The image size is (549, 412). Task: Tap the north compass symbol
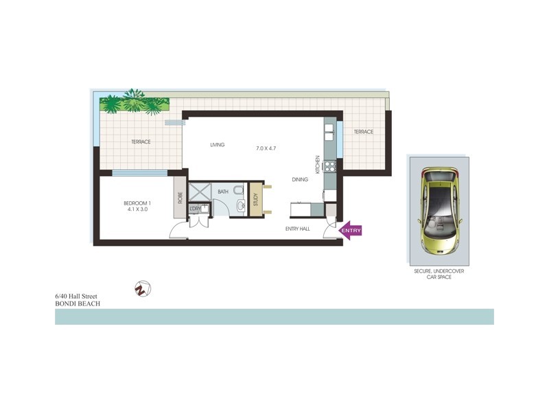[143, 289]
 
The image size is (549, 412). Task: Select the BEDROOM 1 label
[137, 203]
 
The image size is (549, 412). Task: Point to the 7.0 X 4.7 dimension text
[266, 149]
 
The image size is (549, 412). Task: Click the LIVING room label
[218, 145]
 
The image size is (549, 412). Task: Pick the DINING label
[300, 180]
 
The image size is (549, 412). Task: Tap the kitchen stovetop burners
[329, 166]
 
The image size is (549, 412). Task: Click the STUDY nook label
[255, 200]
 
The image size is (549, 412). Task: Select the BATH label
[223, 192]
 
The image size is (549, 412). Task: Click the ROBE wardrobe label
[180, 198]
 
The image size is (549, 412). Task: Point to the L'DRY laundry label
[196, 208]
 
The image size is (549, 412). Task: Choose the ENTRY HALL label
[298, 229]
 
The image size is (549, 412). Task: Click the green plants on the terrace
[135, 104]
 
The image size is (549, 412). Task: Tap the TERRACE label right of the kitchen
[363, 132]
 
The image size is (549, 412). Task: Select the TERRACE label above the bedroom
[141, 142]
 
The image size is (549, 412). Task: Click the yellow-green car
[439, 209]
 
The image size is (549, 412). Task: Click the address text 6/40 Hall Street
[76, 296]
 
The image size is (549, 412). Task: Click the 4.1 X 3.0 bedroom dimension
[138, 209]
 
